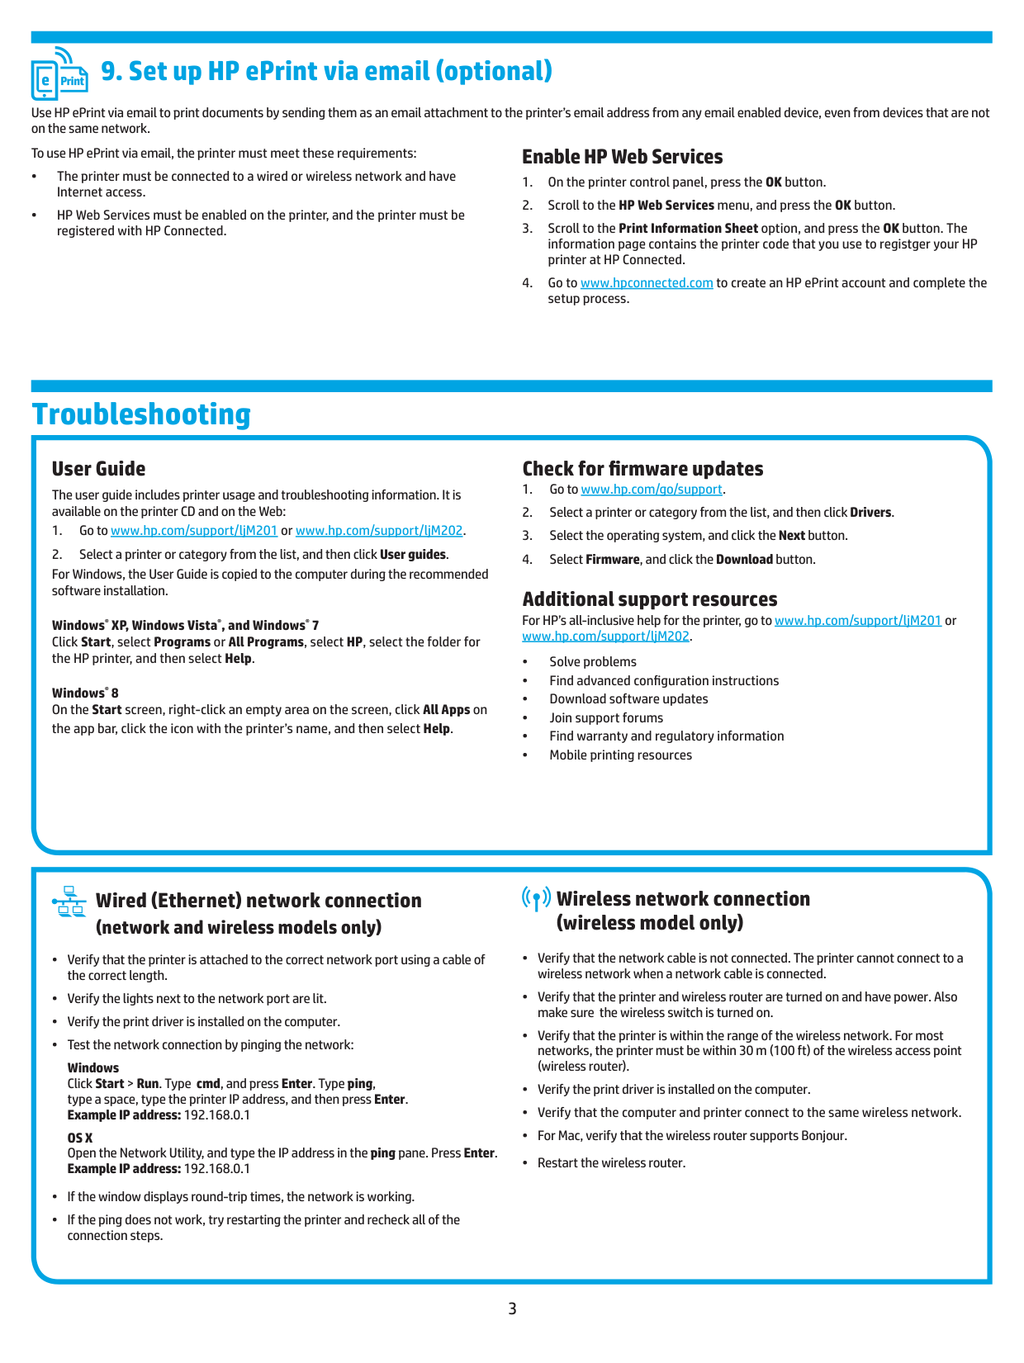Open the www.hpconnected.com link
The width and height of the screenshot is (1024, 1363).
pos(647,283)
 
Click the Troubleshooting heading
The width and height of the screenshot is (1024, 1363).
pos(141,414)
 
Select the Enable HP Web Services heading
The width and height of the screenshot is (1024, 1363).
pos(622,157)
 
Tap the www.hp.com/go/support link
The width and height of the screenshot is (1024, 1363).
pos(652,490)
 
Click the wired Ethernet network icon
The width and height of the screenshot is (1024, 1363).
pos(69,902)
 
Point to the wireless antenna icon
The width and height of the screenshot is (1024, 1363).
pos(536,898)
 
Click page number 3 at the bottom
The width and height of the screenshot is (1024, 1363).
pos(512,1309)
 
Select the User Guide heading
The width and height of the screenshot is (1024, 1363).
pos(98,469)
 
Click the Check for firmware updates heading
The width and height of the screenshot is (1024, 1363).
pos(642,469)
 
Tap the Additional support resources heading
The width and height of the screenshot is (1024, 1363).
pos(650,599)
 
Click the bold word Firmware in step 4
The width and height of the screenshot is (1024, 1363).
pos(612,560)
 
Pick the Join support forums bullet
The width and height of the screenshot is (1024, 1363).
pos(606,718)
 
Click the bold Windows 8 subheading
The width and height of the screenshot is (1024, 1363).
pos(85,693)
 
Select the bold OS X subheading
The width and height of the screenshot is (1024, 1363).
pos(80,1138)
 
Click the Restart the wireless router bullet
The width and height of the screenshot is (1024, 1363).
pos(611,1163)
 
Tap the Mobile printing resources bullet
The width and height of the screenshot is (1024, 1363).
pos(620,755)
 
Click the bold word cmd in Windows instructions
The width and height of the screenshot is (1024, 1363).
pos(208,1084)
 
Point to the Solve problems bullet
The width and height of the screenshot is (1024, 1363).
pos(593,662)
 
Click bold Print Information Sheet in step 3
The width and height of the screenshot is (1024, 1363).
pos(688,229)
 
